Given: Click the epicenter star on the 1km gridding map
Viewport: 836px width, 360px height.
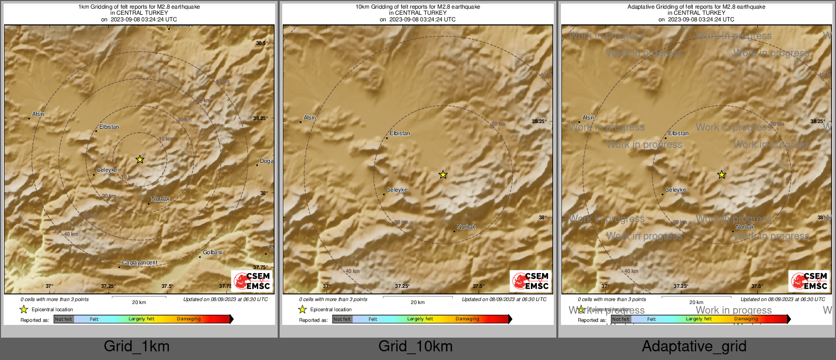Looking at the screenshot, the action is tap(140, 160).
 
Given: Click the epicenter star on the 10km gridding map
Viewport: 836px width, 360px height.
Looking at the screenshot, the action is tap(443, 175).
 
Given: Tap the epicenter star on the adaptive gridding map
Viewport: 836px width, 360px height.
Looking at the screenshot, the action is tap(722, 175).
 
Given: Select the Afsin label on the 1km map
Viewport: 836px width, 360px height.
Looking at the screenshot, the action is tap(38, 114).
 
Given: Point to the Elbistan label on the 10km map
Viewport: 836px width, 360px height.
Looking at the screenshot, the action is tap(400, 133).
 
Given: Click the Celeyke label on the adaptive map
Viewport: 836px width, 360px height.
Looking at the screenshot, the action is tap(676, 190).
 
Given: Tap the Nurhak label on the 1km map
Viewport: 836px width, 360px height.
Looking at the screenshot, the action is tap(161, 199).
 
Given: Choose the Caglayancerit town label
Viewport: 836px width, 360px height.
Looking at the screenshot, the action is tap(140, 262).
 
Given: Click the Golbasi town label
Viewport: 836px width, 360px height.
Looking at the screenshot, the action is tap(213, 252).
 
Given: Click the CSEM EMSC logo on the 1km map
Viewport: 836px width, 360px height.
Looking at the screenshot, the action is tap(252, 281).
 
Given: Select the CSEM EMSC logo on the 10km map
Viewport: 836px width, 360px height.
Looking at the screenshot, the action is tap(531, 281).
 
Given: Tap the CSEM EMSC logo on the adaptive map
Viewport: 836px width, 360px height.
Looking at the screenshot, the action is tap(810, 281).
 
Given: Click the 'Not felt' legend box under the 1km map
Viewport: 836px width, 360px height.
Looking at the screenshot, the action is tap(64, 319).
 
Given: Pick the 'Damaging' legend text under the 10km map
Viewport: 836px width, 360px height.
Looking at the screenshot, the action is tap(467, 319).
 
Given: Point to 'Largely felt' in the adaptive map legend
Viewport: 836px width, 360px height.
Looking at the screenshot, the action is tap(699, 319).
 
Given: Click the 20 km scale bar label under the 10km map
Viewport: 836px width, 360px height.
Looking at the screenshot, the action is tap(417, 302).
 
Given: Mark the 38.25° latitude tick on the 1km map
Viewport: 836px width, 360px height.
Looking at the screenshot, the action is tap(260, 118).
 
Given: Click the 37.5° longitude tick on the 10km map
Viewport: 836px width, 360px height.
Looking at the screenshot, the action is tap(479, 286).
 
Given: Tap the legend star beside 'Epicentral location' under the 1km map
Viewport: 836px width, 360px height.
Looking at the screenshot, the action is tap(23, 309).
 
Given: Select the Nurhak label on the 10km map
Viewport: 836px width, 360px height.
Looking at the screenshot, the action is tap(466, 227).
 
